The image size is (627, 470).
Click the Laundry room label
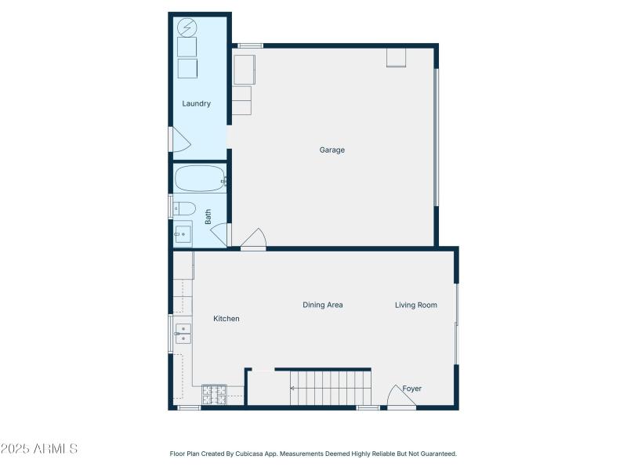tap(196, 103)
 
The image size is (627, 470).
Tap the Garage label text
tap(332, 150)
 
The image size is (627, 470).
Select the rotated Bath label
tap(208, 216)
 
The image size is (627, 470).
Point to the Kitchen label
tap(227, 319)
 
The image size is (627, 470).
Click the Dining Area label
tap(323, 305)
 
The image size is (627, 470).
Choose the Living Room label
tap(415, 305)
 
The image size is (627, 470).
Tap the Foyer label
tap(411, 389)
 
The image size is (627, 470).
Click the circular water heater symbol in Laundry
tap(187, 28)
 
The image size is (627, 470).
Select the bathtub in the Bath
tap(199, 179)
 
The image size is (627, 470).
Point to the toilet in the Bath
tap(183, 208)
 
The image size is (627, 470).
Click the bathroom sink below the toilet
tap(183, 233)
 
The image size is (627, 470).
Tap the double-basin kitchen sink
tap(183, 334)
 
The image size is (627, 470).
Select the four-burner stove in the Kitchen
tap(214, 395)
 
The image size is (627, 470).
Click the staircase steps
tap(329, 389)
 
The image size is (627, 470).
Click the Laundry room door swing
tap(179, 140)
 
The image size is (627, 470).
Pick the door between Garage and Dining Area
tap(253, 239)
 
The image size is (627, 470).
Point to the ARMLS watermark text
tap(39, 449)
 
